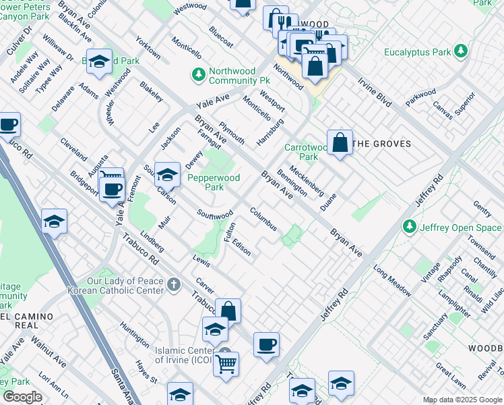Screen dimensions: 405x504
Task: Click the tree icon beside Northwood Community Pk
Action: pos(199,74)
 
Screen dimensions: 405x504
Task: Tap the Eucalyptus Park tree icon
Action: pos(461,51)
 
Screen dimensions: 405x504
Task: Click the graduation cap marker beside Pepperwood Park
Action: pos(167,174)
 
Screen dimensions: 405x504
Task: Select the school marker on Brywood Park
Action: pos(99,62)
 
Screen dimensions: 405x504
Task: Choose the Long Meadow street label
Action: pos(392,282)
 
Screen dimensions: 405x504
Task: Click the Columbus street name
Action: pos(263,219)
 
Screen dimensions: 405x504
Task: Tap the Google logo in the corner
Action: pos(23,397)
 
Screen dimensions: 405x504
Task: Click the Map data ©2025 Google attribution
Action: pos(462,400)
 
